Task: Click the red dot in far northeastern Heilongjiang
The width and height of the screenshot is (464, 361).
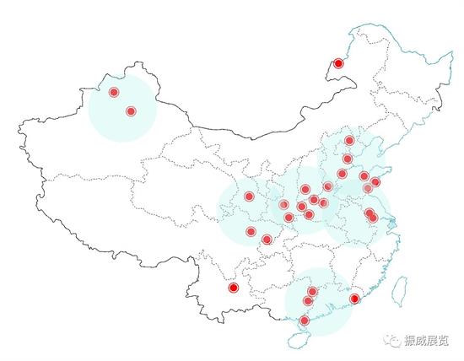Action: point(338,63)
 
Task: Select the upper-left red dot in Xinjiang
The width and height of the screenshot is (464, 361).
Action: point(114,92)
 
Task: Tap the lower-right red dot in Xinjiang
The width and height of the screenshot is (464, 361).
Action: point(131,111)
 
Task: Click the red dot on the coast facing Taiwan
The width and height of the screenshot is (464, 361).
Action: point(354,299)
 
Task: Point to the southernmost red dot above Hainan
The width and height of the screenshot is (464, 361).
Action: point(305,320)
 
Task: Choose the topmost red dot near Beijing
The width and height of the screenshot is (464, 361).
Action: point(349,141)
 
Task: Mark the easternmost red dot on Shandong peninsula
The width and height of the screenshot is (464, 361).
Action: point(375,181)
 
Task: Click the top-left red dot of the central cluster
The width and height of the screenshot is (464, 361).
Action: point(249,197)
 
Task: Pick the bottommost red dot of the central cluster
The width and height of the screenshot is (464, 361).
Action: point(267,240)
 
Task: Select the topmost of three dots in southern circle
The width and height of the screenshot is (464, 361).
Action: point(312,292)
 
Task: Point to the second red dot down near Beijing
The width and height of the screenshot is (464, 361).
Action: point(348,159)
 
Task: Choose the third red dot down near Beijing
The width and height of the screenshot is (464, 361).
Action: point(342,174)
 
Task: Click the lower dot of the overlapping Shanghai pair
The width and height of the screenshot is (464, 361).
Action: point(373,218)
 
